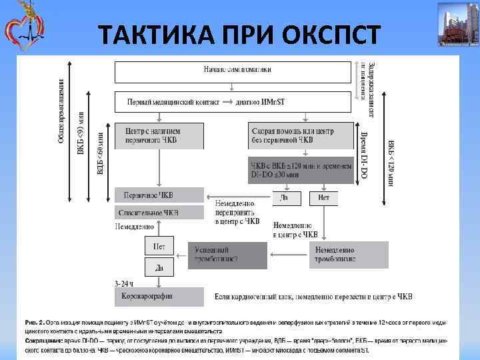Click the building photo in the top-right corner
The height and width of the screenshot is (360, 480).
(457, 25)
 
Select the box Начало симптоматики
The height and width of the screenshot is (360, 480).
(233, 69)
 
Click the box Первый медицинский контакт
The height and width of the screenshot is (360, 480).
(233, 102)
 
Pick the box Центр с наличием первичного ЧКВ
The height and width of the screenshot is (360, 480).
(159, 135)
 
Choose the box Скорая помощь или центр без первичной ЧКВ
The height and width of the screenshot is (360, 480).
(301, 135)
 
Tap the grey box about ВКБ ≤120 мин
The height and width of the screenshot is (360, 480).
(301, 169)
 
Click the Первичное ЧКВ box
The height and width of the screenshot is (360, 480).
(159, 195)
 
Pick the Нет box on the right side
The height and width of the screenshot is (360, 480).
(324, 198)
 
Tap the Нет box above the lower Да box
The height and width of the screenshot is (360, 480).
(159, 246)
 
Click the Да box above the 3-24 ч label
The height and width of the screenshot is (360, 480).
(159, 267)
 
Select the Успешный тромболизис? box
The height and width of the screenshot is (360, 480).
(227, 254)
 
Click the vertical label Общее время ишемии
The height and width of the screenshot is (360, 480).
(61, 111)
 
